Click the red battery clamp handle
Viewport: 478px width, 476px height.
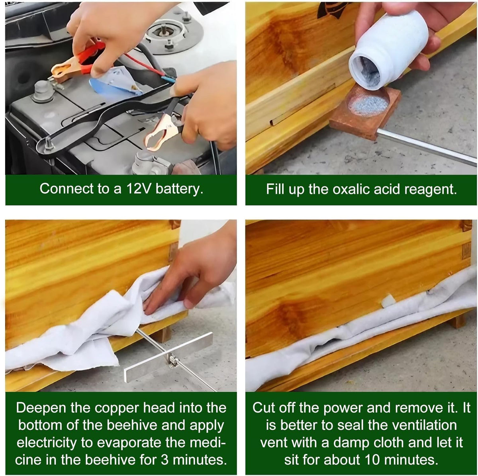point(89,57)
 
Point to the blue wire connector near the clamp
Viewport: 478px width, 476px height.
point(168,79)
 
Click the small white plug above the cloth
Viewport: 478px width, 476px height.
point(388,300)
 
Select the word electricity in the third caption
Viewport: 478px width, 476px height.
point(47,443)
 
